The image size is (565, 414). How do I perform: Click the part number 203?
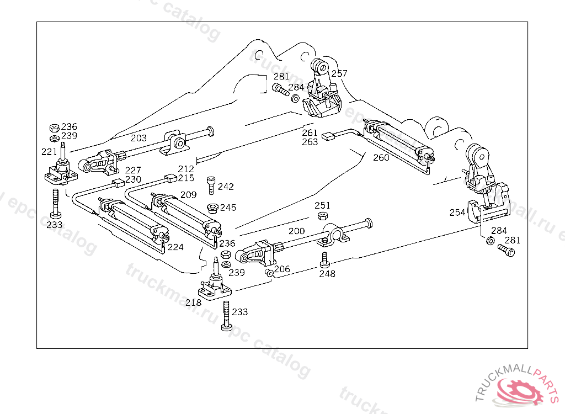click(139, 138)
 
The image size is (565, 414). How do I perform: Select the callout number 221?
click(50, 151)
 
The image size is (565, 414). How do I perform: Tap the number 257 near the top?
click(339, 73)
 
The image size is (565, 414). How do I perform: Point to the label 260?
click(381, 157)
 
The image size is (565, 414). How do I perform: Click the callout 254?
click(457, 213)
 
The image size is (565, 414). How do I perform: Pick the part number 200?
click(296, 231)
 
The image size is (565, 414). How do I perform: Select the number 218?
click(193, 302)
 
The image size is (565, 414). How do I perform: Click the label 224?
click(175, 247)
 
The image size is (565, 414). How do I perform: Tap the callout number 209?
click(188, 194)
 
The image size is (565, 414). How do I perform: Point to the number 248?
click(327, 273)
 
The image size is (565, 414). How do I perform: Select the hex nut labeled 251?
click(324, 215)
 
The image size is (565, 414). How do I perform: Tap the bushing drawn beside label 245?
click(211, 208)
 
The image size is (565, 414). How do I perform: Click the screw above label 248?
click(324, 258)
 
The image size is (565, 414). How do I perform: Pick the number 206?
click(282, 269)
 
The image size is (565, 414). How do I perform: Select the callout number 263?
click(310, 142)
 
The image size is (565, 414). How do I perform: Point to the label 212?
click(186, 169)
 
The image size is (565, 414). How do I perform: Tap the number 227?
click(133, 171)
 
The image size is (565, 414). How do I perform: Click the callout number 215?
click(186, 178)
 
